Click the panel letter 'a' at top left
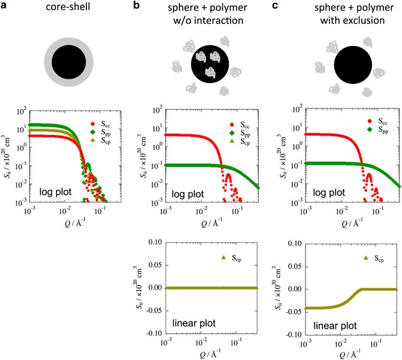pyautogui.click(x=4, y=6)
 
